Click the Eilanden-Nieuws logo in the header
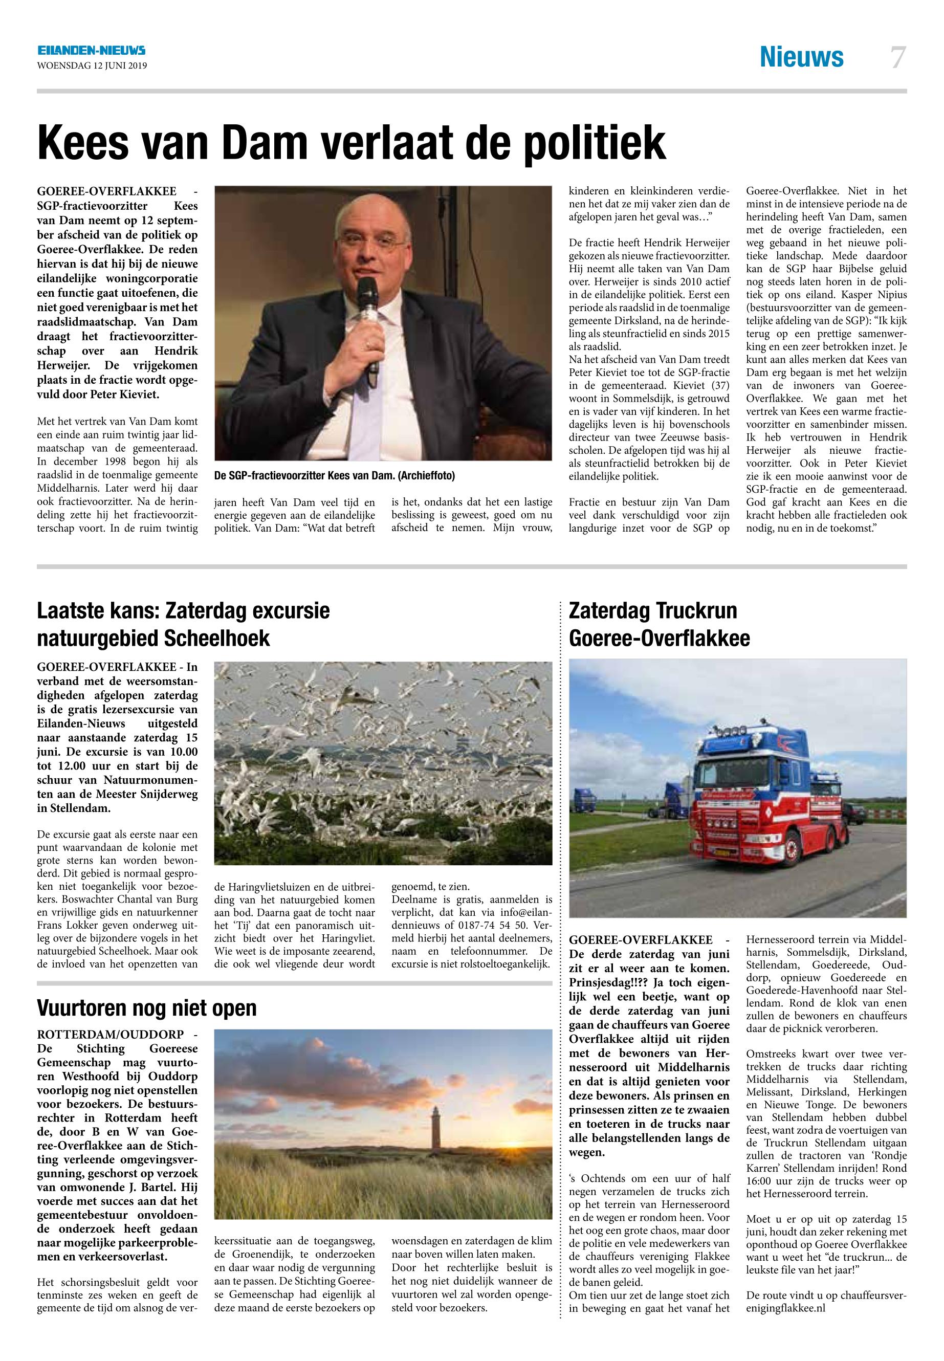[x=91, y=52]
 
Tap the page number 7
[x=898, y=58]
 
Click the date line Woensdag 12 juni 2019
[x=92, y=65]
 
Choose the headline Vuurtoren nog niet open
[x=147, y=1008]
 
